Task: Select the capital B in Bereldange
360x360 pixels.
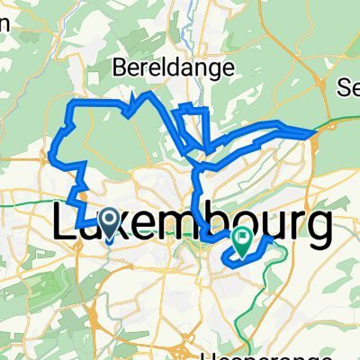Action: [119, 67]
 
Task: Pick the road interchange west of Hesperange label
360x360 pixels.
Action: [184, 346]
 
